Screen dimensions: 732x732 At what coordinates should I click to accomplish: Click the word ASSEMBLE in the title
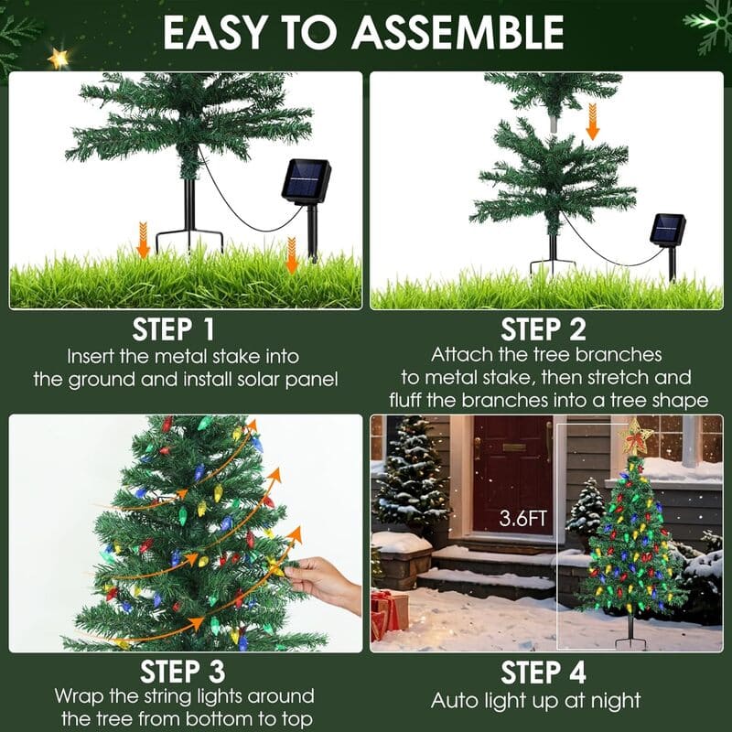(457, 33)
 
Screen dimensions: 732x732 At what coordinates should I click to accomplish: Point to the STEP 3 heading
(185, 673)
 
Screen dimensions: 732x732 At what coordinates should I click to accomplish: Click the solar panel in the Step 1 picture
(306, 181)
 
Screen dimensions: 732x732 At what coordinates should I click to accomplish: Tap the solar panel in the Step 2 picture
(668, 229)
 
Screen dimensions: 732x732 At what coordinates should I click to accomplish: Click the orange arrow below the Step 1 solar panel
(292, 254)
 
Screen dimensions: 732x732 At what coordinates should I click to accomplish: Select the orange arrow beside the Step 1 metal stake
(144, 241)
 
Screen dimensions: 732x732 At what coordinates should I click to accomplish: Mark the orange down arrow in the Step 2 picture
(593, 122)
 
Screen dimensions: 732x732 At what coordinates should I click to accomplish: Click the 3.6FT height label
(523, 519)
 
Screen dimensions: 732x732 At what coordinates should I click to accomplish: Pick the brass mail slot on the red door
(514, 447)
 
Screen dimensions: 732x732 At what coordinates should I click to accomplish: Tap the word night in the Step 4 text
(614, 702)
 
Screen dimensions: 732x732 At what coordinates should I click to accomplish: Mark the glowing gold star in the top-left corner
(59, 59)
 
